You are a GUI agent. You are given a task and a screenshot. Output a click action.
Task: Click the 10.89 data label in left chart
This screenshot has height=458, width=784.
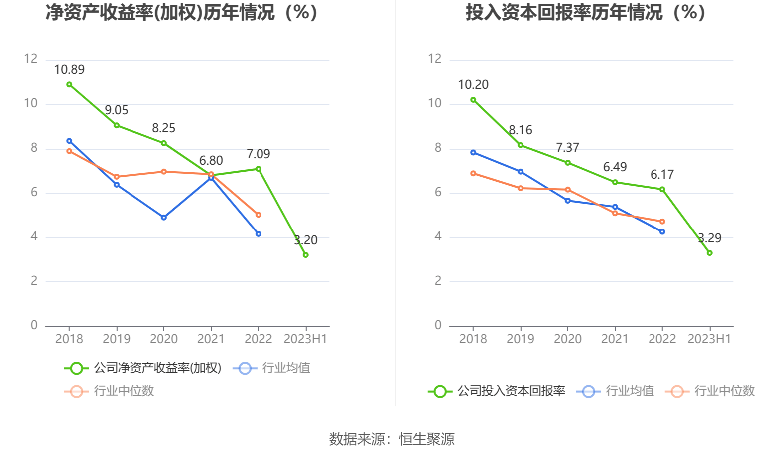click(x=69, y=70)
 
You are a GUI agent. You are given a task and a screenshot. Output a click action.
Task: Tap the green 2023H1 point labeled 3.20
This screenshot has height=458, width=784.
click(x=306, y=255)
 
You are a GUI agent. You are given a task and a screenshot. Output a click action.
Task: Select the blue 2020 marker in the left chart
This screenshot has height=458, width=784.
click(x=164, y=218)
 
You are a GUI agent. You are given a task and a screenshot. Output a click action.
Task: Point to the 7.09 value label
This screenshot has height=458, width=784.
click(x=258, y=154)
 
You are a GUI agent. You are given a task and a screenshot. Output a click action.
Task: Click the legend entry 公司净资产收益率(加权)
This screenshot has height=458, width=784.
click(x=143, y=368)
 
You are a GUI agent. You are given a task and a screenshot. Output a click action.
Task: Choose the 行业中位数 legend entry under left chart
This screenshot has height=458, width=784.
click(x=110, y=391)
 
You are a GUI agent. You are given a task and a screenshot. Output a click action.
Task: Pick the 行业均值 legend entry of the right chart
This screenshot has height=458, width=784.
click(x=616, y=391)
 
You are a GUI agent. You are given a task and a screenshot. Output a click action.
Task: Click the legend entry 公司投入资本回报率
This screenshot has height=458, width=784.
click(x=497, y=391)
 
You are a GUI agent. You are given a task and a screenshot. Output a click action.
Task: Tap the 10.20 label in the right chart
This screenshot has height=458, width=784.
click(x=473, y=85)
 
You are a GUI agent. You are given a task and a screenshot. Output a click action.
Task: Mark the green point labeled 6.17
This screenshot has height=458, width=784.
click(x=662, y=189)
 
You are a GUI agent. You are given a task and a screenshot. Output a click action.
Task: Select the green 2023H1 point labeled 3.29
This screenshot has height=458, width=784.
click(x=710, y=253)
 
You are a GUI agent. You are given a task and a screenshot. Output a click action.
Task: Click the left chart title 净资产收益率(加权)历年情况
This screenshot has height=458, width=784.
click(x=182, y=13)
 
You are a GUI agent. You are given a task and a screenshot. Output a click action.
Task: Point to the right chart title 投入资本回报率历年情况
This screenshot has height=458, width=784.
click(x=586, y=13)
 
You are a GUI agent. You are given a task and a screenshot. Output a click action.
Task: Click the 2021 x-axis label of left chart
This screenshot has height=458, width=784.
click(x=211, y=339)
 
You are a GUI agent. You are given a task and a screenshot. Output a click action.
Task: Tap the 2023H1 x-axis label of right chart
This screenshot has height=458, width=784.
click(x=709, y=339)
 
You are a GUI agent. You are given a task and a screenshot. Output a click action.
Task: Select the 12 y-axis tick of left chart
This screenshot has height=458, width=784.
click(x=31, y=59)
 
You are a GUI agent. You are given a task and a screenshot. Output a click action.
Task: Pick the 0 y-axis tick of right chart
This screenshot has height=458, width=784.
click(x=438, y=325)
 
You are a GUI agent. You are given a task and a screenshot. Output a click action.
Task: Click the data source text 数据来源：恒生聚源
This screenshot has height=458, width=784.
click(x=392, y=439)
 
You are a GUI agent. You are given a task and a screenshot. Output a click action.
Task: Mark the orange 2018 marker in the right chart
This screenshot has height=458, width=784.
click(x=473, y=173)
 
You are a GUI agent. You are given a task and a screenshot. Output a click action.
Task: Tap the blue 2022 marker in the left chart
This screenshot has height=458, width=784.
click(x=259, y=234)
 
